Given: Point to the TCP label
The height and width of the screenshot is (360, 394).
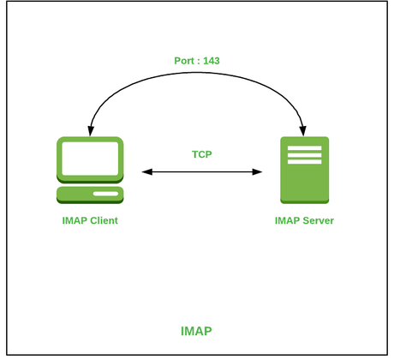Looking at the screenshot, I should coord(202,155).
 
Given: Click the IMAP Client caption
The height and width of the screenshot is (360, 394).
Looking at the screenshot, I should coord(90,220).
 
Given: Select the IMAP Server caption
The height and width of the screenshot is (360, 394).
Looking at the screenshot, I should coord(304,220).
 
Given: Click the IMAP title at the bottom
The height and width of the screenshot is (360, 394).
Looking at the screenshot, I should coord(196,331).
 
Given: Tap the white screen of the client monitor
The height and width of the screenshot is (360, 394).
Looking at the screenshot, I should coord(90,159).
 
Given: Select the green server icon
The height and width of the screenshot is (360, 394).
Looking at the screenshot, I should coord(304,170).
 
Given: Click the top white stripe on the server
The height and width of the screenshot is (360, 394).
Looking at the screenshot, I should coord(304,149).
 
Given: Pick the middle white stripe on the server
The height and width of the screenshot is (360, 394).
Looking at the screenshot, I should coord(304,156).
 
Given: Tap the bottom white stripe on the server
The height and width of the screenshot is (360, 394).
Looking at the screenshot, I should coord(304,163).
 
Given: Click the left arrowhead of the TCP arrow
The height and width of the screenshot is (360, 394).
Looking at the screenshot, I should coord(146,172).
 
